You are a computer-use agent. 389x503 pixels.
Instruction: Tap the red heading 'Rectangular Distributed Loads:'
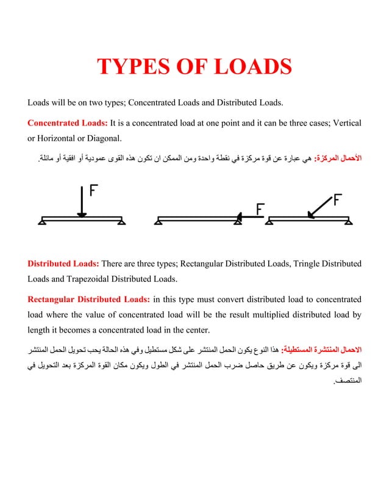point(88,299)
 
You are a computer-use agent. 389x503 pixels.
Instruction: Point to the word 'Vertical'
point(346,124)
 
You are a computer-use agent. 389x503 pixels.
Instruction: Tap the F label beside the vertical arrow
point(95,191)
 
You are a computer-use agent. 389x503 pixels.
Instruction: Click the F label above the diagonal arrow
point(338,199)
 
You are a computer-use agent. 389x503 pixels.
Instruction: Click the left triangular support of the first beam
point(41,222)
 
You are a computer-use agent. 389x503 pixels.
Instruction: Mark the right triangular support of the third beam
point(348,222)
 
